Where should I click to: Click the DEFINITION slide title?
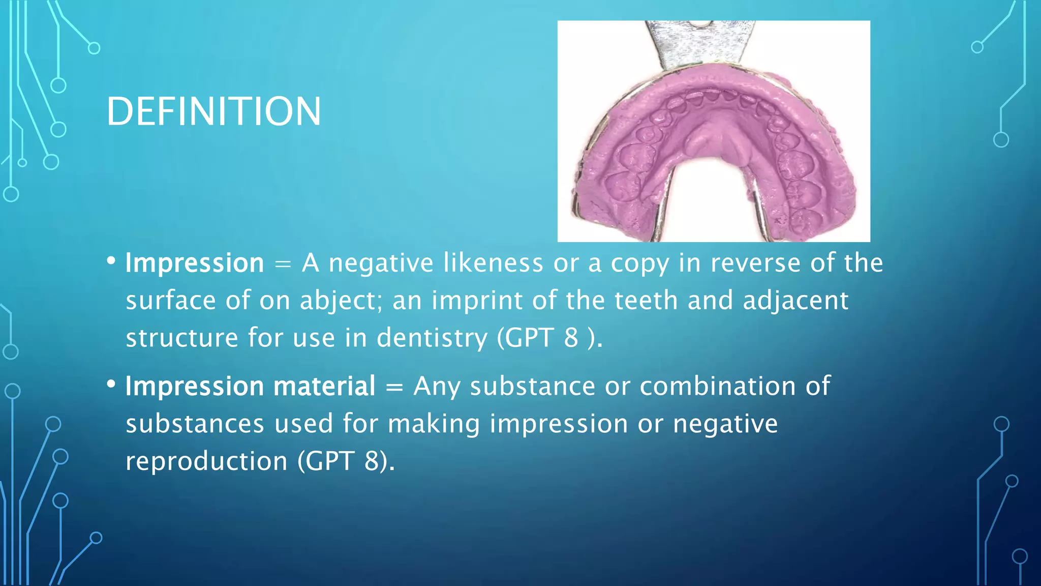[213, 111]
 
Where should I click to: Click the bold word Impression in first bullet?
[195, 263]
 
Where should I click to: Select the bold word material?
[324, 386]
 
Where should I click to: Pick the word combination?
[717, 386]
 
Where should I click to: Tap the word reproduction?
[206, 462]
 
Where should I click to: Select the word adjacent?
[795, 301]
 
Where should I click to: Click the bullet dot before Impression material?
[111, 384]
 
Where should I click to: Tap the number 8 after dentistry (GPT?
[571, 338]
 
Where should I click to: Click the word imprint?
[477, 301]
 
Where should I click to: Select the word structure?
[181, 338]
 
